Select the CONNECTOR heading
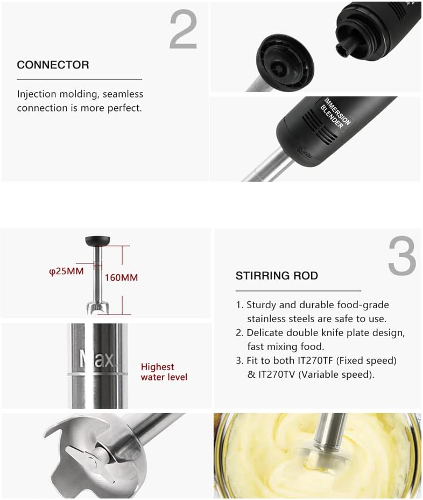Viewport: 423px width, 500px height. click(x=53, y=65)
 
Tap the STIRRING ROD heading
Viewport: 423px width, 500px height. click(x=277, y=276)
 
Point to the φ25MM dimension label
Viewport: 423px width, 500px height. click(x=66, y=271)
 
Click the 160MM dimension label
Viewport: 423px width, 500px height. click(x=121, y=277)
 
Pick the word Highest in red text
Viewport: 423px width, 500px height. click(x=158, y=367)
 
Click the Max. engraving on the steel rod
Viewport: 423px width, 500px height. click(x=97, y=359)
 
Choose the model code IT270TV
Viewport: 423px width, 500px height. click(x=279, y=374)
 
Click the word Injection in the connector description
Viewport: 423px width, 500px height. click(x=39, y=94)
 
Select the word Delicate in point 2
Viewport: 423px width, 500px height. click(x=266, y=333)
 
